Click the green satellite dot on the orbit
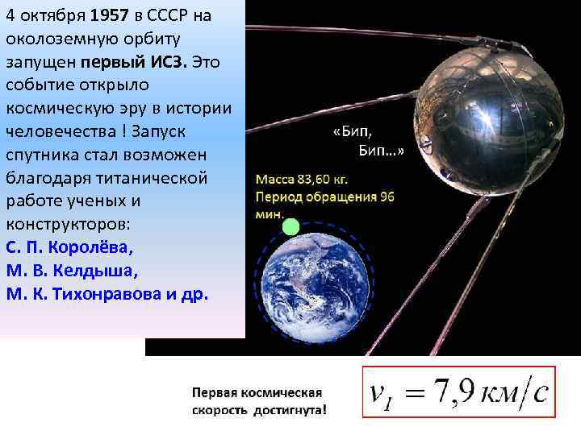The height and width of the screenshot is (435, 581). tap(291, 227)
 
